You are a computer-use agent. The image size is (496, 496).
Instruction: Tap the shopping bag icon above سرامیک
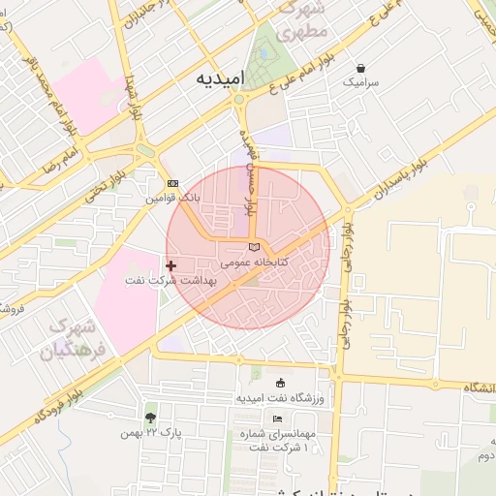(x=361, y=69)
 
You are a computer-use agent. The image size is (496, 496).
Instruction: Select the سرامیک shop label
(x=361, y=83)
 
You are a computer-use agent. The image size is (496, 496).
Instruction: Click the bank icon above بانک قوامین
(x=172, y=183)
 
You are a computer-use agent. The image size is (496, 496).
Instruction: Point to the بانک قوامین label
(x=172, y=197)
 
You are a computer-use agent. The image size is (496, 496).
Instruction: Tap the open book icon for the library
(x=254, y=248)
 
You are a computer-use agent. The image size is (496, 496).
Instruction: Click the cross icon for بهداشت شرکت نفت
(x=170, y=264)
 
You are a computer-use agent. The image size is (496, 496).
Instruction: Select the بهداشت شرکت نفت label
(x=170, y=280)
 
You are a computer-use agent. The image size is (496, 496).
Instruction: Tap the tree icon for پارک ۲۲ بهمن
(x=150, y=418)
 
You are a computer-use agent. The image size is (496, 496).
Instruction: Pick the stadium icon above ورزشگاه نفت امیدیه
(x=281, y=383)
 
